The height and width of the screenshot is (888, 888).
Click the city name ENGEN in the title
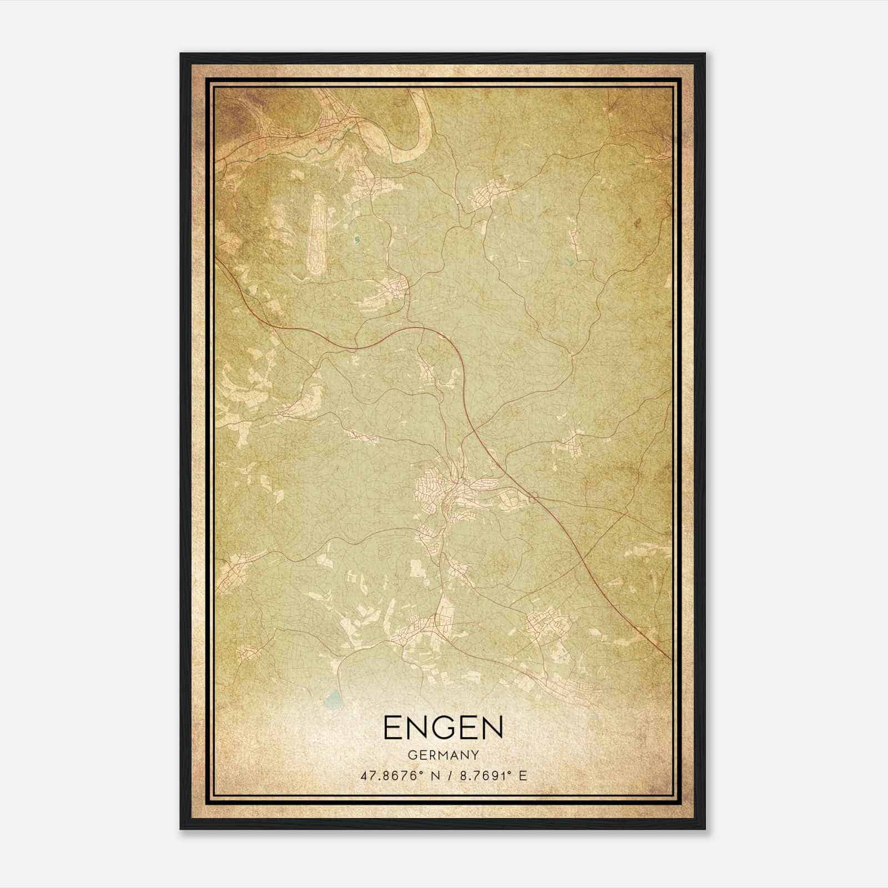(x=443, y=728)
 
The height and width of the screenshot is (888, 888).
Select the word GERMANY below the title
(x=443, y=755)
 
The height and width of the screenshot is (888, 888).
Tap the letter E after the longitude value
(x=522, y=776)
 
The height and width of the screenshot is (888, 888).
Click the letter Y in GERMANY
(x=475, y=755)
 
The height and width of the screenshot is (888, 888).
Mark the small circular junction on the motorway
(x=534, y=497)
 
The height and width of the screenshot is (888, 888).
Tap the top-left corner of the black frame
(x=181, y=54)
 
